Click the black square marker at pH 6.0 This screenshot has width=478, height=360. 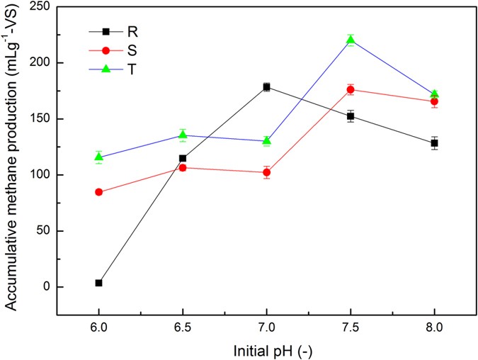tap(98, 283)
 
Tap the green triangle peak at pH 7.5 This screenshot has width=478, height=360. tap(350, 40)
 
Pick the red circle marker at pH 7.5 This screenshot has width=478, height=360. tap(350, 89)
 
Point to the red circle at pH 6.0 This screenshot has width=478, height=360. tap(98, 192)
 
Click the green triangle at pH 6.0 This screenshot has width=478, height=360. tap(98, 157)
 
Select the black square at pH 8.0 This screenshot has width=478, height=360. tap(433, 143)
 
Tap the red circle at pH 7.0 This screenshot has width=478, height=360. tap(266, 172)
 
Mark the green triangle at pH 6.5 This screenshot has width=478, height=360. tap(183, 135)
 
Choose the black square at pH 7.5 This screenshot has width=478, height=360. tap(350, 116)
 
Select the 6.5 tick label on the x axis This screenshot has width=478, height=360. tap(183, 328)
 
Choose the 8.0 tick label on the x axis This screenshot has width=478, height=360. tap(433, 328)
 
